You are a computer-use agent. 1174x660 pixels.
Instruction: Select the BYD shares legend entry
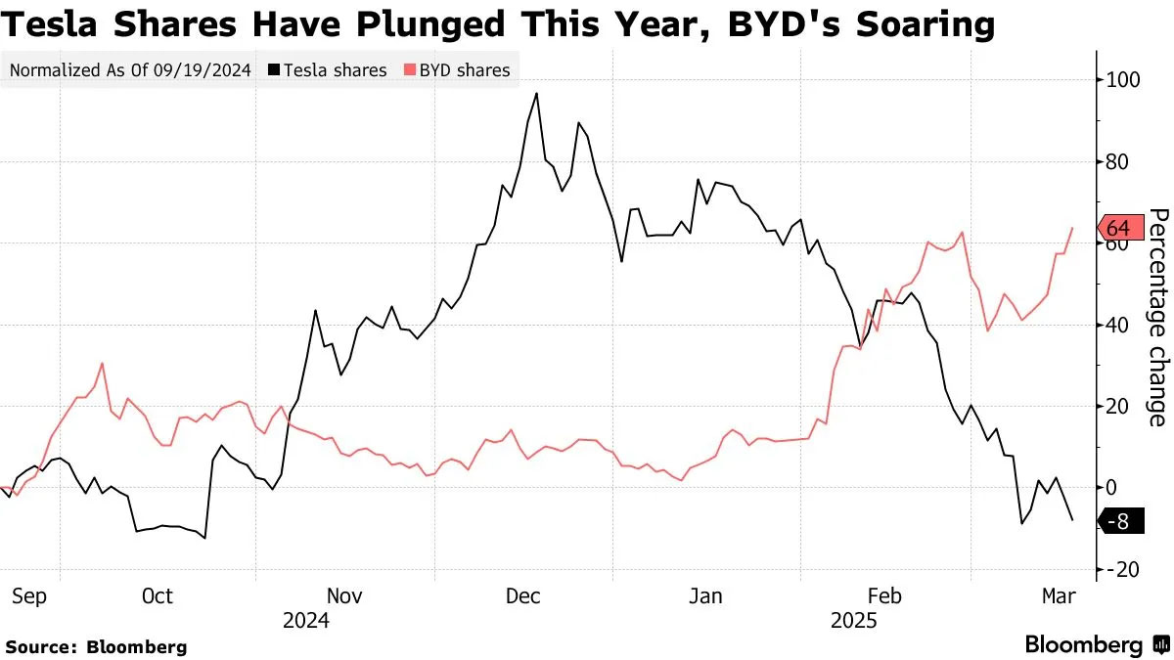coord(458,70)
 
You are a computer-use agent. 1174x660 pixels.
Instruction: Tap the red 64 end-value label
coord(1117,228)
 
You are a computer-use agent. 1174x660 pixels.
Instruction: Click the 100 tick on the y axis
coord(1123,79)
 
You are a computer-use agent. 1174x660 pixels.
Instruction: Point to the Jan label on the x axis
coord(705,595)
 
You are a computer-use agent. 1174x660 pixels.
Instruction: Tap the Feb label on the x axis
coord(884,595)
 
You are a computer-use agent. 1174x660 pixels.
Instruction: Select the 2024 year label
coord(306,621)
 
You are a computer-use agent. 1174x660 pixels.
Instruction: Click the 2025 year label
coord(853,621)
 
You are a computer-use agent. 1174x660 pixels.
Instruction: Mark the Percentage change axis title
coord(1157,317)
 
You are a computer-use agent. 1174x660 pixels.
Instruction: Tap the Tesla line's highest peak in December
coord(536,94)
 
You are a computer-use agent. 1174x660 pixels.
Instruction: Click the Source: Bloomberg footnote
coord(96,646)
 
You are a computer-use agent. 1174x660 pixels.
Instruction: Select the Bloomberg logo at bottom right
coord(1096,645)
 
